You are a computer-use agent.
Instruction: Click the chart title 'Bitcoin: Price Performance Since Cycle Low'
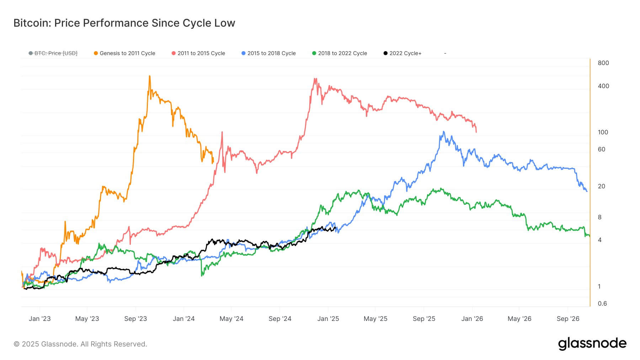pyautogui.click(x=124, y=23)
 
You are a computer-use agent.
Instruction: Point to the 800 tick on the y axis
pyautogui.click(x=603, y=63)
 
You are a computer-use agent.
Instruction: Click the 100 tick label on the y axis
pyautogui.click(x=603, y=132)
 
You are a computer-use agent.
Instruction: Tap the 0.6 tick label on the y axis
pyautogui.click(x=602, y=303)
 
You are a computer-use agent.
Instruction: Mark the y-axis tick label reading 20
pyautogui.click(x=602, y=186)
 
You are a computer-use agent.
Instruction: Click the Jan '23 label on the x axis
pyautogui.click(x=39, y=319)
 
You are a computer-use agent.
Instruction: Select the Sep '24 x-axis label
pyautogui.click(x=280, y=319)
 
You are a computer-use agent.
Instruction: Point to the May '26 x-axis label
pyautogui.click(x=519, y=319)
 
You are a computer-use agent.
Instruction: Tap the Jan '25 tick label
pyautogui.click(x=328, y=319)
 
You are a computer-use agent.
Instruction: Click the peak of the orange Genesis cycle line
pyautogui.click(x=150, y=76)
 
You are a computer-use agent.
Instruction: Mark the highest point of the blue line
pyautogui.click(x=443, y=131)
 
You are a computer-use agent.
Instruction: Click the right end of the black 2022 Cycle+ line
pyautogui.click(x=336, y=228)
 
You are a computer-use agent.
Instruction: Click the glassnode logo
pyautogui.click(x=592, y=344)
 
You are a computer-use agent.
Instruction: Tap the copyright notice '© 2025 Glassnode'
pyautogui.click(x=80, y=344)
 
